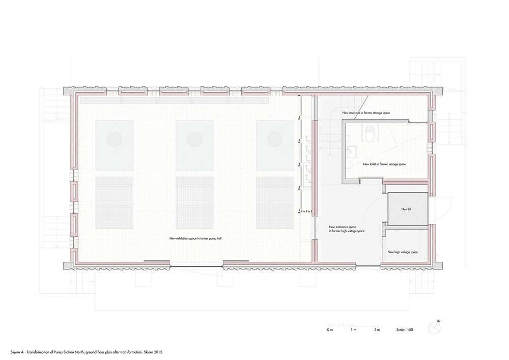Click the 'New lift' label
406,209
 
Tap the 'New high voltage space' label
403,252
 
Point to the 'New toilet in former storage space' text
384,164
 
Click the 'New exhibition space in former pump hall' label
195,238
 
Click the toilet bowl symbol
370,135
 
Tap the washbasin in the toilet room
351,152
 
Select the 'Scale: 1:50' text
405,330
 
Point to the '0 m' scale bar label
330,330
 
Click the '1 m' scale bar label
354,330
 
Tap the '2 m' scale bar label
377,330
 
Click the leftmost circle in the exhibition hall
114,140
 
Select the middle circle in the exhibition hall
195,140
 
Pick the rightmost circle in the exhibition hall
275,140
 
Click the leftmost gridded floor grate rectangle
114,203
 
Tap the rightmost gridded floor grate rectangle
275,203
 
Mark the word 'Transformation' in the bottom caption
38,352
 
